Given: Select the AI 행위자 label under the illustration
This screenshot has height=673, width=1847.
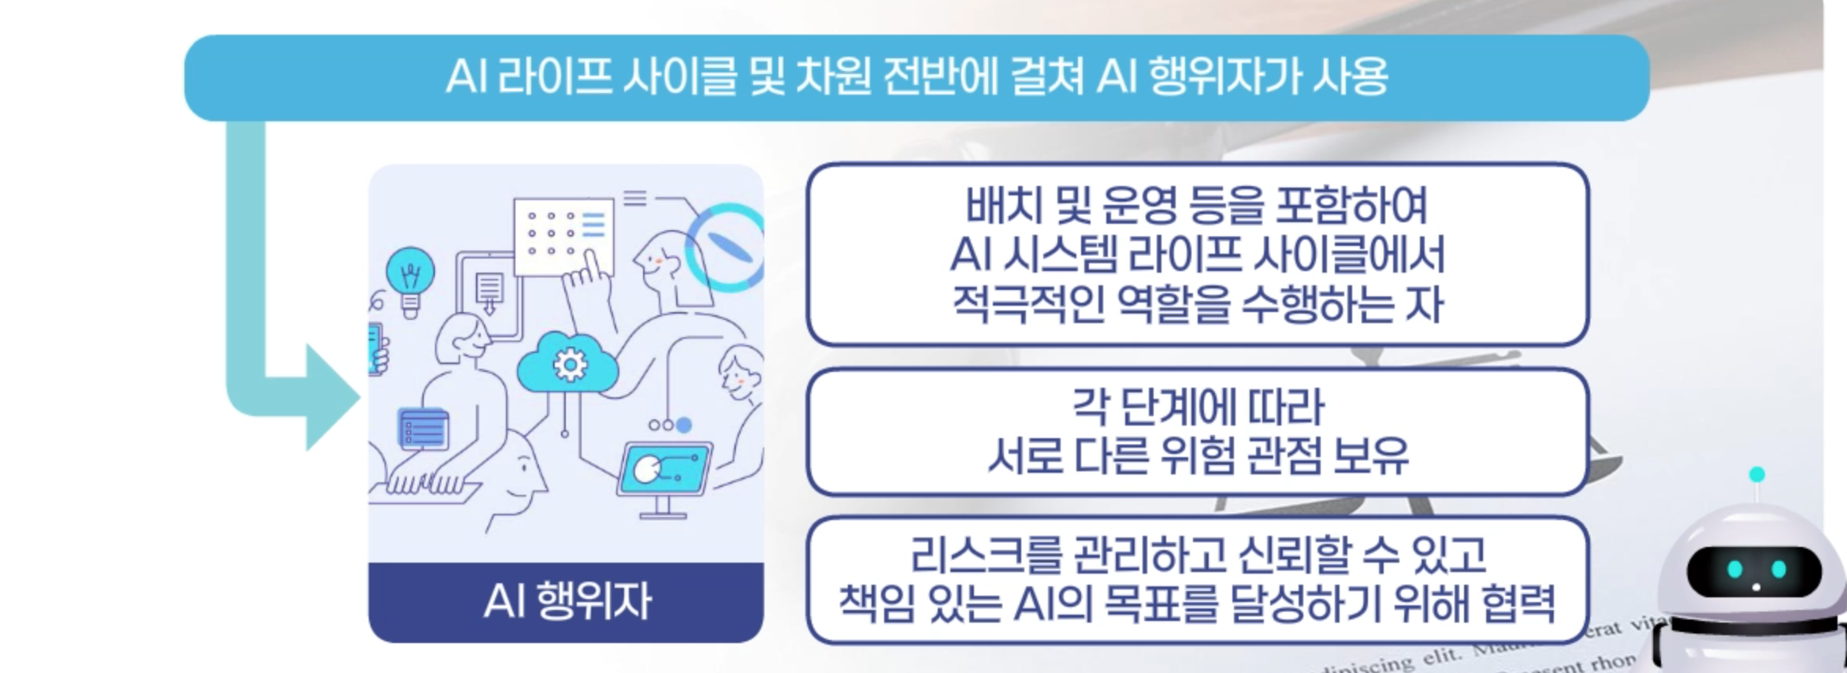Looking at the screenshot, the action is (x=567, y=601).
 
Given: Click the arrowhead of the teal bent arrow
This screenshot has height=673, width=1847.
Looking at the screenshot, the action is (x=331, y=398).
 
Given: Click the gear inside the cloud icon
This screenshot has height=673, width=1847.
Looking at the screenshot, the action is (x=569, y=364).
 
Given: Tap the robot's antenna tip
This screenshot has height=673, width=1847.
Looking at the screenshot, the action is (x=1756, y=474).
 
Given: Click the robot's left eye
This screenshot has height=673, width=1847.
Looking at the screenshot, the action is (x=1735, y=569).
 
